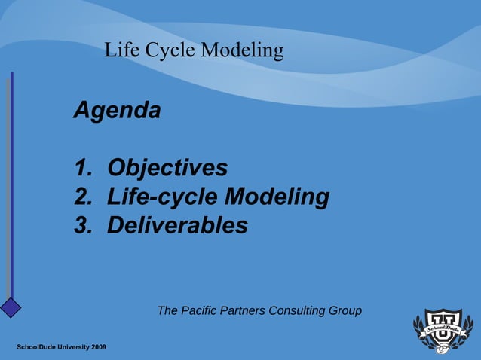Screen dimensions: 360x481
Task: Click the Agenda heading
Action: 117,111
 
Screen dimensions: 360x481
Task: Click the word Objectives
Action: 167,167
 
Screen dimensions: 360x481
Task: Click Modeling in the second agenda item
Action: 277,197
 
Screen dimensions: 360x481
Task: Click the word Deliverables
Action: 177,225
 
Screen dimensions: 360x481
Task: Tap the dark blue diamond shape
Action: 10,307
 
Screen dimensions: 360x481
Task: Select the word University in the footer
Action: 69,346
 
